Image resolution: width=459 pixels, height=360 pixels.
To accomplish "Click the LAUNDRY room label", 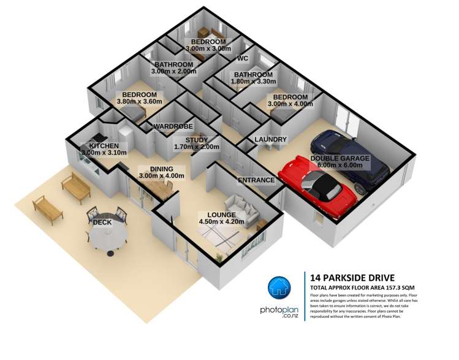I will click(270, 140).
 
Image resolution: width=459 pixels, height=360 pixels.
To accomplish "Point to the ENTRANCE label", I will click(256, 180).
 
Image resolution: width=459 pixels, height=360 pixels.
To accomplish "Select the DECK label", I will click(102, 222).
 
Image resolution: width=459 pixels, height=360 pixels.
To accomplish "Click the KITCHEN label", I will click(104, 145).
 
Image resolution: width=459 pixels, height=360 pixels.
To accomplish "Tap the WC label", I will click(242, 59).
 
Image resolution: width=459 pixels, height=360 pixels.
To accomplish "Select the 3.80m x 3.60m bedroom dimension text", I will click(139, 102).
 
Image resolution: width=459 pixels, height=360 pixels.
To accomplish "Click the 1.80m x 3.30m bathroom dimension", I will click(254, 82).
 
